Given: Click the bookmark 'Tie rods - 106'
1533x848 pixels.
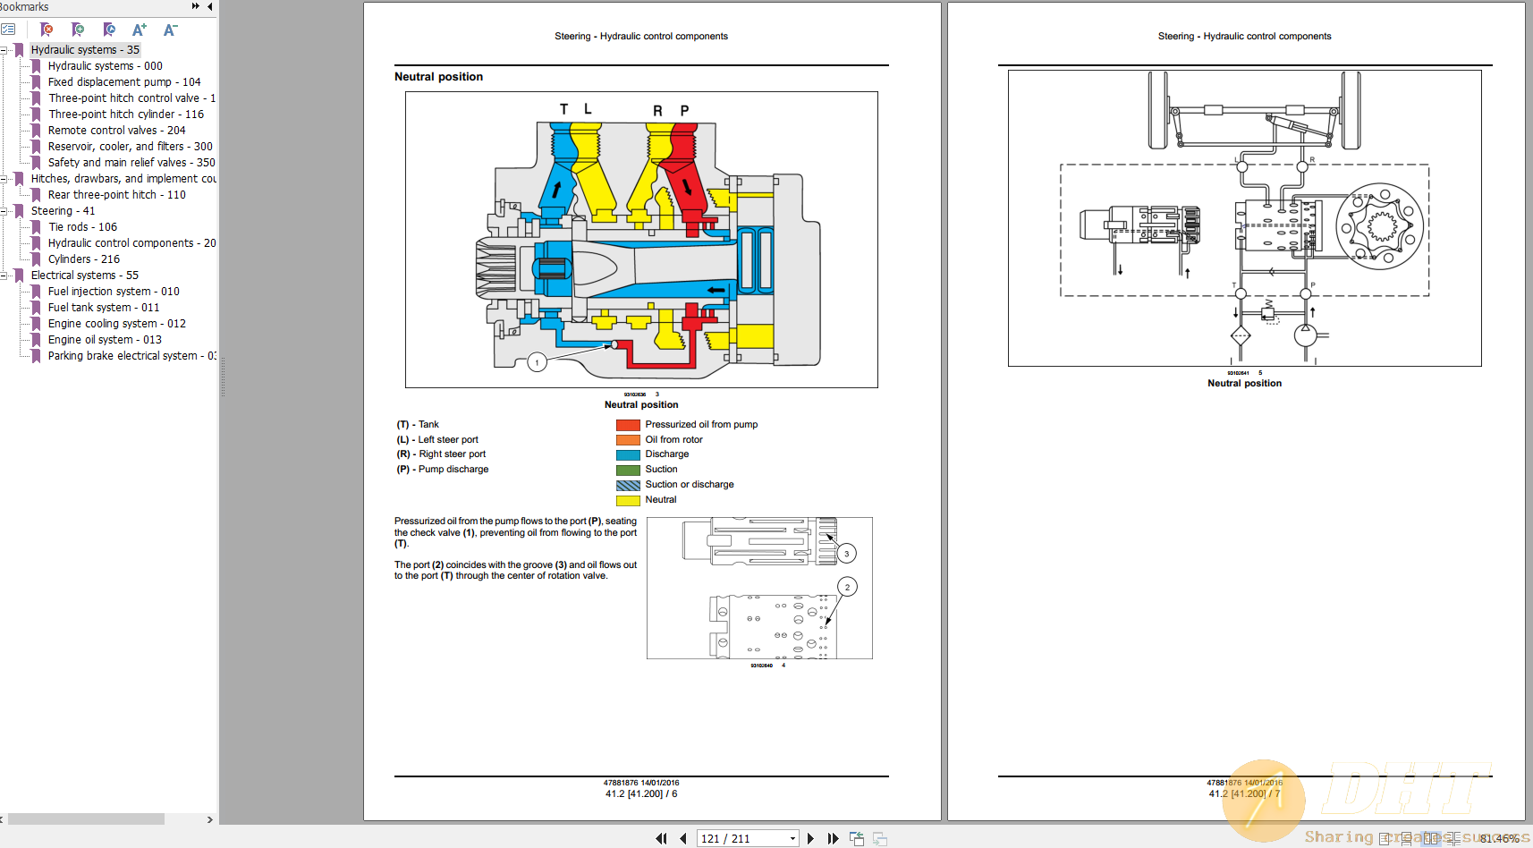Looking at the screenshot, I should pyautogui.click(x=82, y=227).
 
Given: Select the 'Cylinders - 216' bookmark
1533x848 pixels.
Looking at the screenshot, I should pyautogui.click(x=83, y=259).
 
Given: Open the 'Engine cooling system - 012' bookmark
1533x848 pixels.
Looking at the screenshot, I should pyautogui.click(x=116, y=324).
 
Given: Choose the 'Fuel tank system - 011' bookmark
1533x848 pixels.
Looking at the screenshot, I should pyautogui.click(x=103, y=308).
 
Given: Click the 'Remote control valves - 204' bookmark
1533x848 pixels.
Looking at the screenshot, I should pyautogui.click(x=116, y=131).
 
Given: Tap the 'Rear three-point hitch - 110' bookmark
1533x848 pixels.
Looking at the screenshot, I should pyautogui.click(x=116, y=195).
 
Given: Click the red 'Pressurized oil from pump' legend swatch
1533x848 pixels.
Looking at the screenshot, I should pyautogui.click(x=628, y=425).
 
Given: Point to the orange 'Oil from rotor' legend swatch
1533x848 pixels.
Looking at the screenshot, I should pyautogui.click(x=628, y=440).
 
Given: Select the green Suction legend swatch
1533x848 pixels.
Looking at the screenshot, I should pyautogui.click(x=628, y=470).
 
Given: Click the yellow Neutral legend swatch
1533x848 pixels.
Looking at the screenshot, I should pyautogui.click(x=628, y=500).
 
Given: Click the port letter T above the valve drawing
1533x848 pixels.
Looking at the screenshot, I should pyautogui.click(x=563, y=109).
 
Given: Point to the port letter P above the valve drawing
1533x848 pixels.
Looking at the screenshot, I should pyautogui.click(x=684, y=111).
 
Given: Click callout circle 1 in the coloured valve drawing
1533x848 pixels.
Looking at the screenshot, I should pyautogui.click(x=537, y=362).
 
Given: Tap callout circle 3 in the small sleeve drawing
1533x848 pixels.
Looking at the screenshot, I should pyautogui.click(x=846, y=554).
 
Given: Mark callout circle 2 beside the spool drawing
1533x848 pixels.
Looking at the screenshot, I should pyautogui.click(x=847, y=587).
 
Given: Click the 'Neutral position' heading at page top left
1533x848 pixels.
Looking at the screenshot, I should pyautogui.click(x=438, y=77).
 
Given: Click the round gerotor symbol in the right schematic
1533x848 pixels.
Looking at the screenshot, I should pyautogui.click(x=1379, y=226).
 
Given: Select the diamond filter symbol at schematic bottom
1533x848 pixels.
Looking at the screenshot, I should pyautogui.click(x=1240, y=336).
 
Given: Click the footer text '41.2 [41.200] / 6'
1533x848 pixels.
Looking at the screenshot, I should pyautogui.click(x=641, y=793).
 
